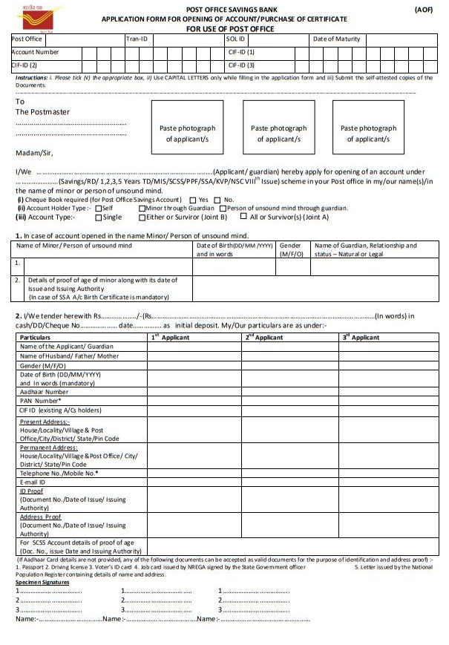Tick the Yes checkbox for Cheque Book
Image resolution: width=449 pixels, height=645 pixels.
(194, 200)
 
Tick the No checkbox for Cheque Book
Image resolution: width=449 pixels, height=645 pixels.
(217, 200)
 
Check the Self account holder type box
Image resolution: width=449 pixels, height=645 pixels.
(98, 209)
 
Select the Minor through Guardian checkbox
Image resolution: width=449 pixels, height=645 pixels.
(142, 209)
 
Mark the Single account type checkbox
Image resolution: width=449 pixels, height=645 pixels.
(98, 217)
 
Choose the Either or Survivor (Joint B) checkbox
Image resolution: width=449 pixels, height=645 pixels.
(142, 217)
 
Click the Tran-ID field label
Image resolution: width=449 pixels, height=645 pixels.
(137, 39)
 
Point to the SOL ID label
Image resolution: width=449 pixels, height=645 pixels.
(236, 39)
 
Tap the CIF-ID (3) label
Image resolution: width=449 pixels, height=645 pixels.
(242, 65)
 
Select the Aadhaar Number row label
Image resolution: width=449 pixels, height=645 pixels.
(44, 391)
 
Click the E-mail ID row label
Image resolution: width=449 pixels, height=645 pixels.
(34, 482)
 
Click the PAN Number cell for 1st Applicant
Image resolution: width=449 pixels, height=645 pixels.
(194, 401)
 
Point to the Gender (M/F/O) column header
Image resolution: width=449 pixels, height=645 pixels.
(290, 249)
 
